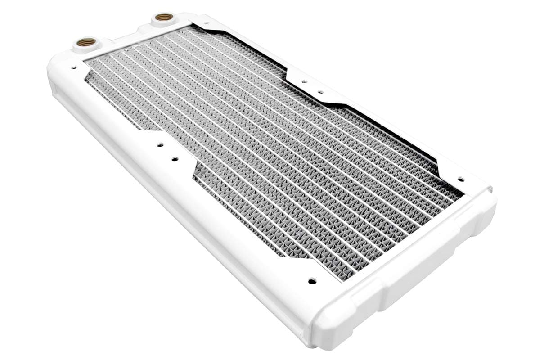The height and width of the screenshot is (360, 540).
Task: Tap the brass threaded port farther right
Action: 162,19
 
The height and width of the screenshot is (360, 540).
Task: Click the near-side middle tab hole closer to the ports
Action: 160,145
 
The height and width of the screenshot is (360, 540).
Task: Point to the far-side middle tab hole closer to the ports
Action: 304,82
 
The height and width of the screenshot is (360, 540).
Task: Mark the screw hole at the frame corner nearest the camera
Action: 310,281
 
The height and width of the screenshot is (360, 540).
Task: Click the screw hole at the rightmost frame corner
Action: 460,179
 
